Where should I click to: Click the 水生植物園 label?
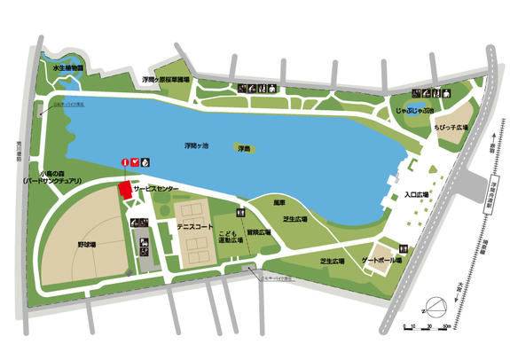click(67, 67)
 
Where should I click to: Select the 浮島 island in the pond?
click(242, 150)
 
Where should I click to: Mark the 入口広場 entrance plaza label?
click(416, 194)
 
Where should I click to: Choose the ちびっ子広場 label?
click(451, 129)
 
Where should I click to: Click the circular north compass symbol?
click(430, 310)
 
